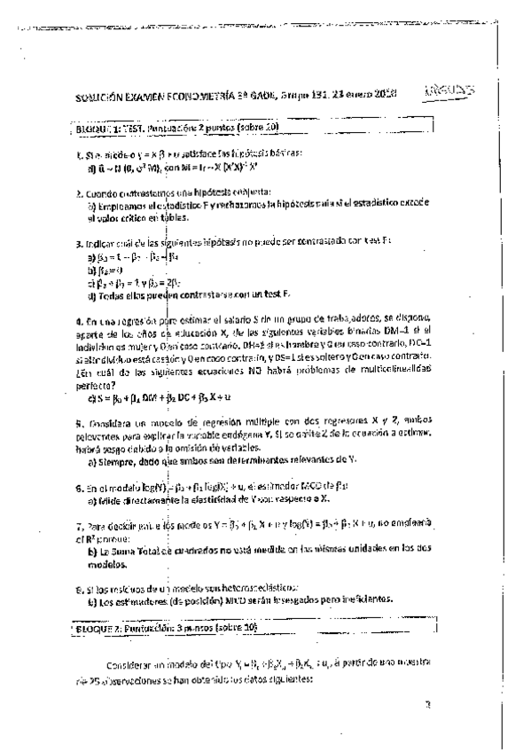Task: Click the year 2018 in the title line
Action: [x=384, y=93]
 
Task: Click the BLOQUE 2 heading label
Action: [x=100, y=627]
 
